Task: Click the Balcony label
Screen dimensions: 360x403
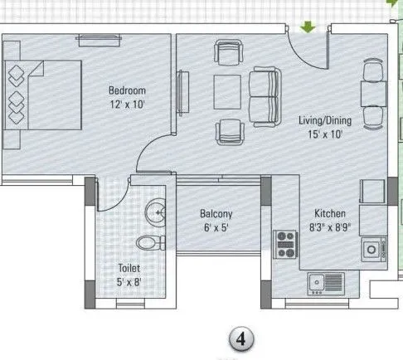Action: tap(215, 213)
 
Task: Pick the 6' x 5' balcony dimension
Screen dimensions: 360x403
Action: tap(215, 227)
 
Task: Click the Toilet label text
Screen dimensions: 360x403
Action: tap(129, 269)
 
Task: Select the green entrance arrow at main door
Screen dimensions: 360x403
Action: tap(308, 28)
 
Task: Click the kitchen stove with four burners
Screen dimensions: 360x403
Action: tap(286, 244)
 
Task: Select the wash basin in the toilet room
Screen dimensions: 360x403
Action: tap(155, 212)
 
